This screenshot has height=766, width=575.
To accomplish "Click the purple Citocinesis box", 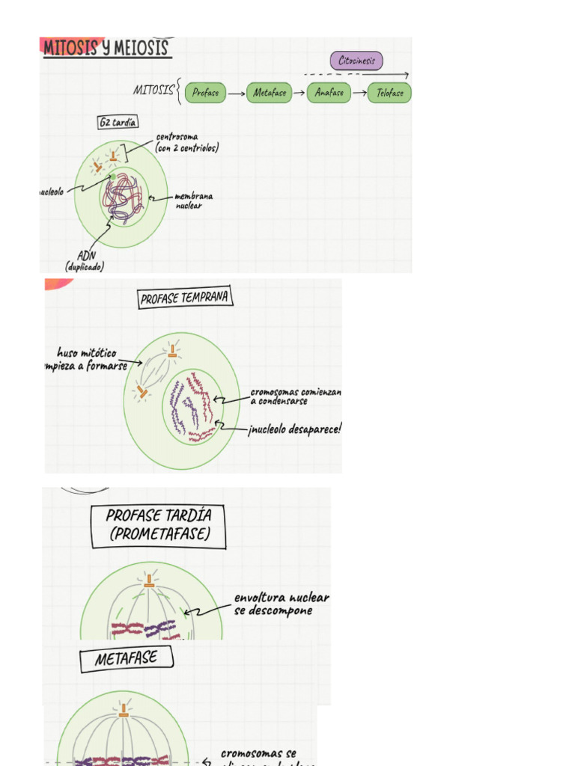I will point(357,61).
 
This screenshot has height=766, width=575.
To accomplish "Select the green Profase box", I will point(205,93).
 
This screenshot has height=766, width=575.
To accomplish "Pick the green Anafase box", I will point(329,93).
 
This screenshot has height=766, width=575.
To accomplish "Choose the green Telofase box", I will point(389,93).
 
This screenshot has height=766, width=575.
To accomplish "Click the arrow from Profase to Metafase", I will point(237,94).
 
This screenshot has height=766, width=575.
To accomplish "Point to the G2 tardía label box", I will point(118,123).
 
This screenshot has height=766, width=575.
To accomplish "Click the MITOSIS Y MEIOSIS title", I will point(107,49).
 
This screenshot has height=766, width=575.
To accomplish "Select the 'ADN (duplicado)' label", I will point(85,261).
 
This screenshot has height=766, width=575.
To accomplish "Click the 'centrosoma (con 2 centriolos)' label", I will point(187,143).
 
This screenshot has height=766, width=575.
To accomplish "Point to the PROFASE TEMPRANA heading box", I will point(185,298).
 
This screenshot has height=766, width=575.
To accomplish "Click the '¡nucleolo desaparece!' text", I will point(295,430).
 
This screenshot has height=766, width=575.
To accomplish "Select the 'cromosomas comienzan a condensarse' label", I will point(295,396).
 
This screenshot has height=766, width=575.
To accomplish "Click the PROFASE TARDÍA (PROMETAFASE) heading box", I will point(158,524).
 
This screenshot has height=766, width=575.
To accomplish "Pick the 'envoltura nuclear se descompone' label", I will point(281,604).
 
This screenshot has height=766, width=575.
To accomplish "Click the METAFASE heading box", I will point(127,659).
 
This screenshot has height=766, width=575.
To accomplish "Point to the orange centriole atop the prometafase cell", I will point(150,579).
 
